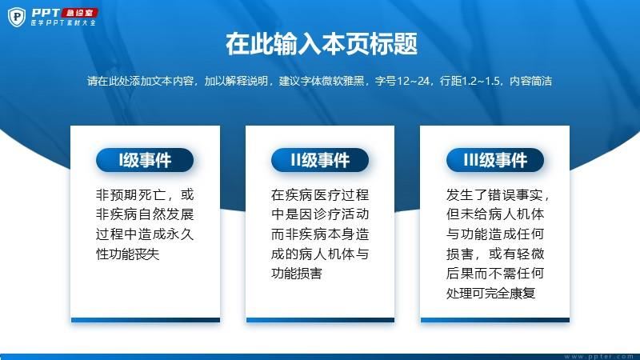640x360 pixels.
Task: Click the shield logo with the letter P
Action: (17, 17)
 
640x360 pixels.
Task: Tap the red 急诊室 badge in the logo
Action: (79, 13)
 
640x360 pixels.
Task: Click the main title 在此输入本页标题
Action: (322, 44)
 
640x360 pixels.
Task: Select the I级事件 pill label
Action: (145, 160)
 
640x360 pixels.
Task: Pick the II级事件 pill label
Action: (320, 160)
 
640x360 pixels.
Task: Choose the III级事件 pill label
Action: (495, 160)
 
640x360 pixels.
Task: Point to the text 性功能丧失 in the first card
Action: (128, 254)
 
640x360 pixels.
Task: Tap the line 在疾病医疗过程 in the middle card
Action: (320, 194)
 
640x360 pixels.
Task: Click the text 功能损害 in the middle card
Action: (297, 273)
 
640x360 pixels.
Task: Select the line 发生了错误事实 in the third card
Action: (494, 194)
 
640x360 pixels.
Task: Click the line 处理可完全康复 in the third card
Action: (490, 293)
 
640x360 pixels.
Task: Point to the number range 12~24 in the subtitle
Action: (413, 81)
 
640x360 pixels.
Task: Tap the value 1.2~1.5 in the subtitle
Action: (481, 81)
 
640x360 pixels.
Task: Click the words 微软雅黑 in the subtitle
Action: (343, 81)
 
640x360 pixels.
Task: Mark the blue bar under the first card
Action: (146, 320)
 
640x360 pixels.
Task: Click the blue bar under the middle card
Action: (321, 320)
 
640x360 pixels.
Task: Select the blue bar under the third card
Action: (495, 320)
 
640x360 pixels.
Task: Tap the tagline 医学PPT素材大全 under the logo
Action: (63, 23)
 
